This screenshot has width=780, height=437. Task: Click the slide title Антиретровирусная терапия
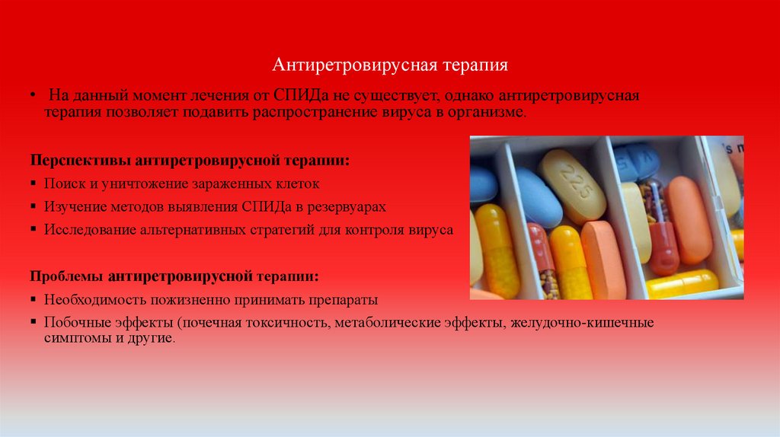tap(390, 65)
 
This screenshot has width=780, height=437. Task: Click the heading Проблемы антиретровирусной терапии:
tap(174, 276)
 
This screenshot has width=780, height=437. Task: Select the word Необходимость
tap(91, 299)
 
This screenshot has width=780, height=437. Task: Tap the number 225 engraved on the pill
tap(573, 183)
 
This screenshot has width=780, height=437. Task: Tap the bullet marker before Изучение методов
tap(34, 207)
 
